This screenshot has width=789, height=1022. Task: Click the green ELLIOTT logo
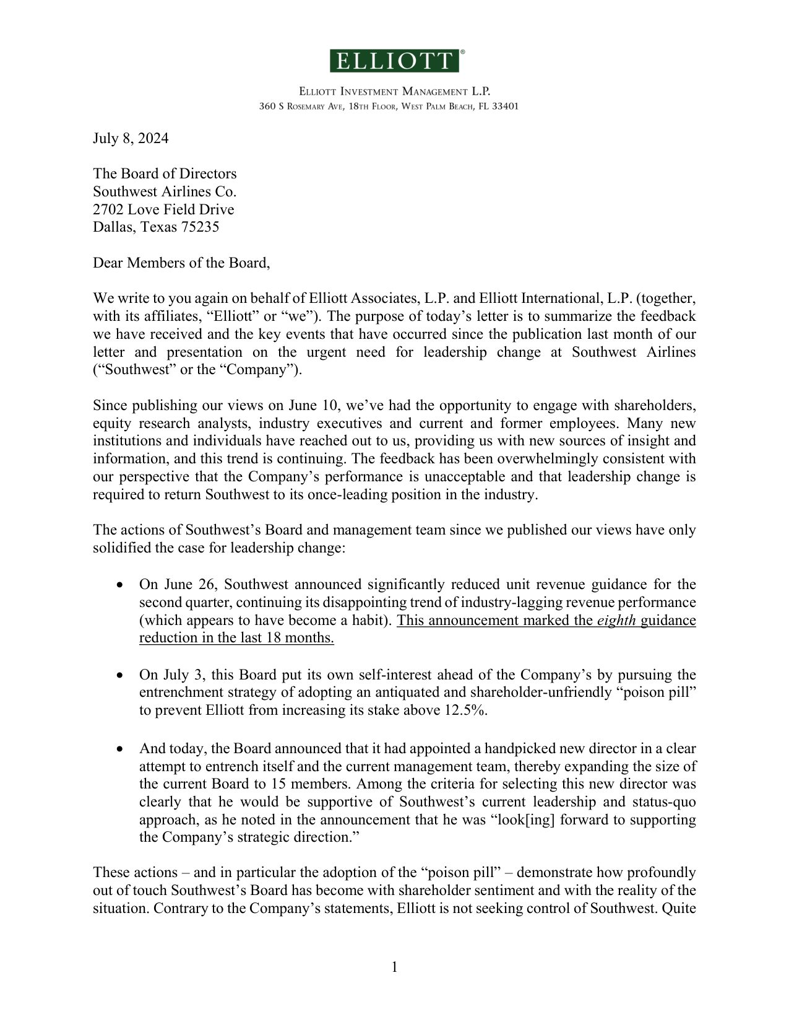[395, 61]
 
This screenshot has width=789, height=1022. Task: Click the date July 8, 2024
[131, 138]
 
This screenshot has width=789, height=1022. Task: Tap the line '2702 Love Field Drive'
[163, 209]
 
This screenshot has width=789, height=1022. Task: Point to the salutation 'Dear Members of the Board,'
[181, 263]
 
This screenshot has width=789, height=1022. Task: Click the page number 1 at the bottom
[394, 967]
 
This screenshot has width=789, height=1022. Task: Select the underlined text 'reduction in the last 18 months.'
[236, 638]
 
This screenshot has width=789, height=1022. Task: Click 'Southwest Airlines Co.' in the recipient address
[165, 191]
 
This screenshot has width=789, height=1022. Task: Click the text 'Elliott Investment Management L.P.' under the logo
[395, 92]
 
